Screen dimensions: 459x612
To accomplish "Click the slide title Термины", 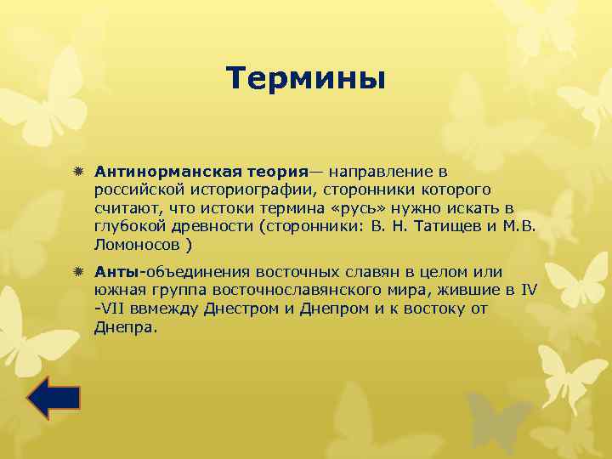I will click(306, 79).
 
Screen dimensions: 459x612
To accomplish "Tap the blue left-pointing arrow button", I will click(54, 398).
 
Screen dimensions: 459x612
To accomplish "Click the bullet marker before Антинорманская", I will click(77, 170).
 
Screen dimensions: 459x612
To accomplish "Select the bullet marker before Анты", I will click(77, 272).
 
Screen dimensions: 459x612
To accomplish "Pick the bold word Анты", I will click(116, 272).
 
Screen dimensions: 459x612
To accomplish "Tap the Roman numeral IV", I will click(529, 291).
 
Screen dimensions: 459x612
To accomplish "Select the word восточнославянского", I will click(289, 291).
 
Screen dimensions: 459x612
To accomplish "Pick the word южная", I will click(119, 291).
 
